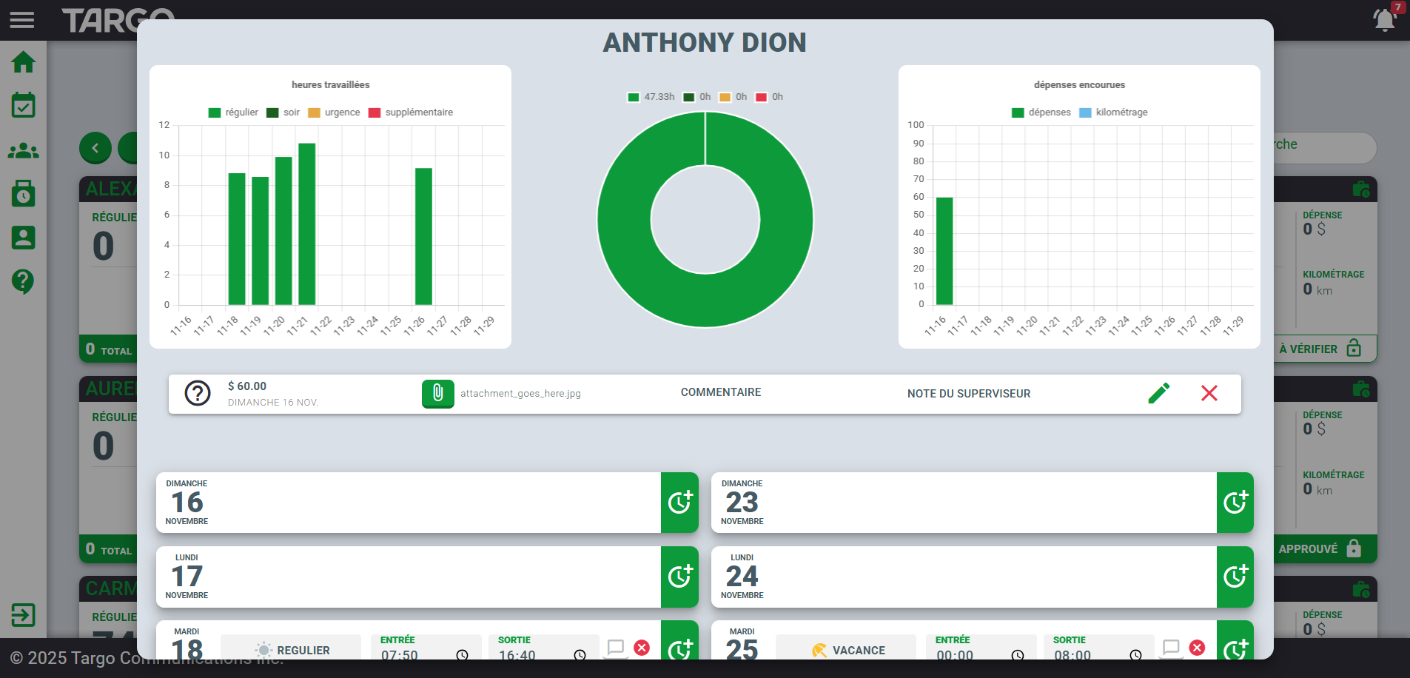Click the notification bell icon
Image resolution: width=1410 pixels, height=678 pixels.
(1384, 19)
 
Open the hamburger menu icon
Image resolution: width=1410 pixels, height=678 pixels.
(22, 20)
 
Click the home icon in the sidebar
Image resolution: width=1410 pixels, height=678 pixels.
(23, 62)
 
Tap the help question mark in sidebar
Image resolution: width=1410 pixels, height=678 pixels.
(23, 281)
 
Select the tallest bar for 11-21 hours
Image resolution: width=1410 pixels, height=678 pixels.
(307, 224)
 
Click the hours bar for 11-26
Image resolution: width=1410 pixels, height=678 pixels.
(423, 236)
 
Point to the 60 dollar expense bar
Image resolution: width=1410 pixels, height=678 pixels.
(944, 251)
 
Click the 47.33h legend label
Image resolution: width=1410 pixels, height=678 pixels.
(651, 97)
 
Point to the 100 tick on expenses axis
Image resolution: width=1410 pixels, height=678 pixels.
(916, 125)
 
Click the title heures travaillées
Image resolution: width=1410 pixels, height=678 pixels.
(330, 85)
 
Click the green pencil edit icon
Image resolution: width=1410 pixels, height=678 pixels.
(1159, 393)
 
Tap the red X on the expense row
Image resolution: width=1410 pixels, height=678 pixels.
(1209, 393)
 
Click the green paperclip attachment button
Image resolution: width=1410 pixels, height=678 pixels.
(437, 394)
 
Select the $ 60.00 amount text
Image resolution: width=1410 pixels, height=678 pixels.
(247, 386)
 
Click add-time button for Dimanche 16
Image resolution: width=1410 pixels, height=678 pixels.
(679, 503)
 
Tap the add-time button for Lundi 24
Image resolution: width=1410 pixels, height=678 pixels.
(1235, 577)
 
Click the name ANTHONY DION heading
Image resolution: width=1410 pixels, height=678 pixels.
(705, 43)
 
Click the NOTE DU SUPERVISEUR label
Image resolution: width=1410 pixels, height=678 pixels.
(968, 394)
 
